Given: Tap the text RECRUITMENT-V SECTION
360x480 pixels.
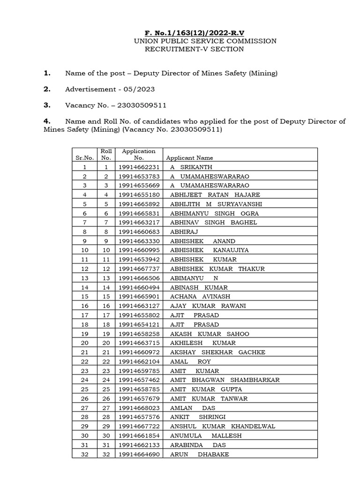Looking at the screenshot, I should (x=194, y=49).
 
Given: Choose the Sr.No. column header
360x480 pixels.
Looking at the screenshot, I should (x=84, y=158).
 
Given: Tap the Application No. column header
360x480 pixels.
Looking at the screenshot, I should (x=139, y=154).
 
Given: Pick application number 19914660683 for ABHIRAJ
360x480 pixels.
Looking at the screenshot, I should (x=139, y=232).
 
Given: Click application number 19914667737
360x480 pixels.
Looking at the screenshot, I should (x=139, y=269).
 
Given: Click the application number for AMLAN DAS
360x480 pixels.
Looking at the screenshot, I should (x=139, y=408).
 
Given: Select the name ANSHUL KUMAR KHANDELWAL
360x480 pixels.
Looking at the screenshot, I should (x=223, y=426).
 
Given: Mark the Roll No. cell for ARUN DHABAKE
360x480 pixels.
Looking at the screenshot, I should (x=106, y=454).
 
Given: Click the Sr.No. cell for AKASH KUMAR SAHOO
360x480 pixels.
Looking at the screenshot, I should (x=84, y=334).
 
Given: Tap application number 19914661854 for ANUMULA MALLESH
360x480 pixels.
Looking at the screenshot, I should (x=139, y=435).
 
